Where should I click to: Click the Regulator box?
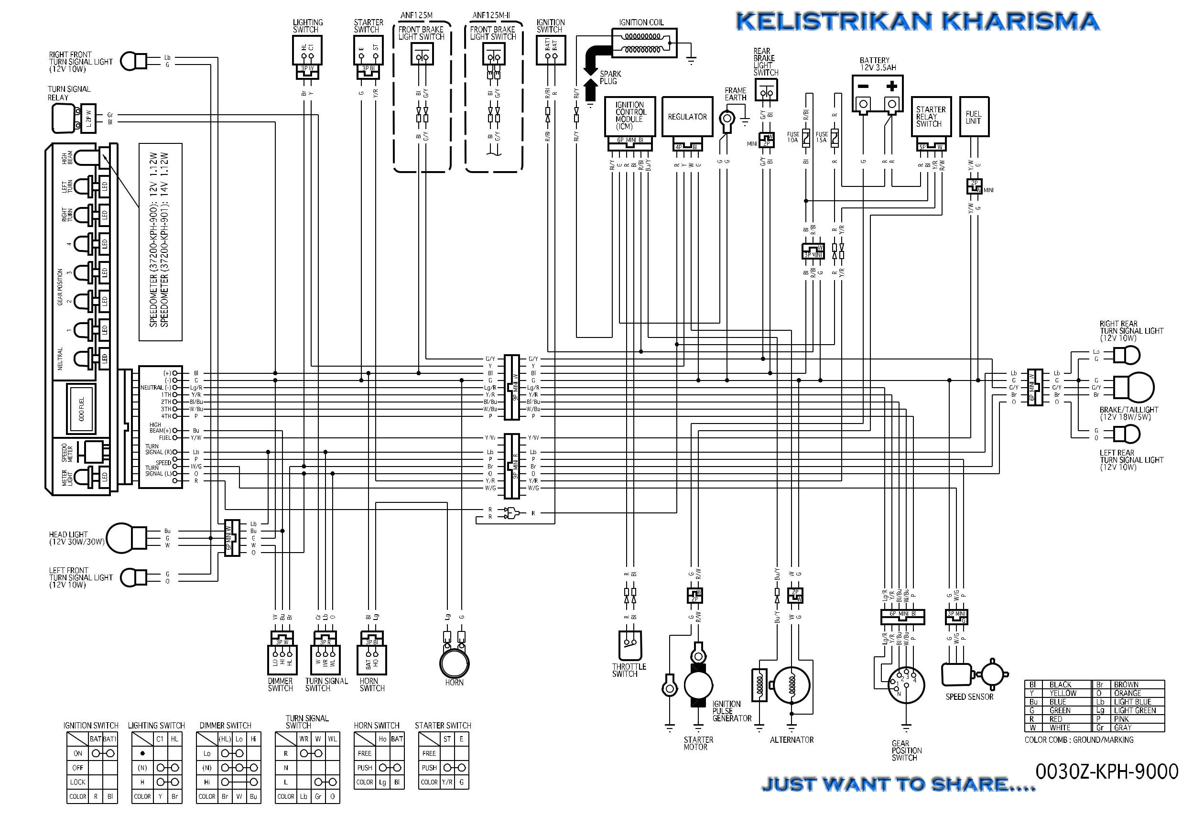(686, 117)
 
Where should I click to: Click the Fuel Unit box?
(974, 117)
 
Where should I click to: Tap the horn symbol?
(454, 662)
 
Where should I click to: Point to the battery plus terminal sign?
(891, 87)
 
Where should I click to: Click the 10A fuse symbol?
(805, 138)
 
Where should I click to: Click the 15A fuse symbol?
(834, 138)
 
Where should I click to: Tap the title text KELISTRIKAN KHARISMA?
(917, 22)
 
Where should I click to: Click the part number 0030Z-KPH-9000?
(1106, 772)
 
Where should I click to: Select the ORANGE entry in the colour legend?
(1128, 693)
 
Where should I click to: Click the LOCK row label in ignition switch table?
(77, 782)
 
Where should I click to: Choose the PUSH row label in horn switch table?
(364, 768)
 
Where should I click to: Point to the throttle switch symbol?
(629, 645)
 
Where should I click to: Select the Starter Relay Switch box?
(931, 117)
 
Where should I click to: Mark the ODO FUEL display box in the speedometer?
(81, 409)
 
